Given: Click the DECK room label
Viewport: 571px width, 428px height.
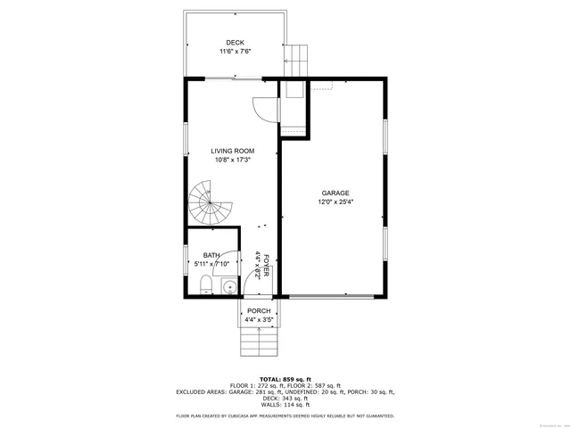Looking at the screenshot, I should tap(235, 42).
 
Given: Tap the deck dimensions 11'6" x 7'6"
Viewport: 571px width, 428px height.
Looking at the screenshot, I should tap(235, 52).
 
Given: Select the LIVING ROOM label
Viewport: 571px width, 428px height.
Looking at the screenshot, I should tap(232, 151).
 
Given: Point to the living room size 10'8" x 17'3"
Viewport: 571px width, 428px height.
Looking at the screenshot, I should tap(232, 160).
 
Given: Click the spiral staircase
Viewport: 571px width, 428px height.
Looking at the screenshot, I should tap(210, 203).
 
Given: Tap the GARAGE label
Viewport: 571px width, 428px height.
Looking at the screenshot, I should tap(335, 193).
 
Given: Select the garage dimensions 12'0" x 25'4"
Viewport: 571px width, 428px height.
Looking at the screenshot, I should tap(335, 202).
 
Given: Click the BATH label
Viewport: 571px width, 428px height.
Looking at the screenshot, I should tap(211, 255).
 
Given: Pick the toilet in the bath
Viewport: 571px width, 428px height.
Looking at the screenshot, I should tap(205, 285).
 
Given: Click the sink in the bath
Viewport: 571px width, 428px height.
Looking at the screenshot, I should tap(228, 287).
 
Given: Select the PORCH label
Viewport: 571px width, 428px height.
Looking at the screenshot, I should tap(259, 310).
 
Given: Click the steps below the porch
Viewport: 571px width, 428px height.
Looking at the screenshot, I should tap(259, 340).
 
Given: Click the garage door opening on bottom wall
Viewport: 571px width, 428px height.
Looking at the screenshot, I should tap(332, 296).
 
